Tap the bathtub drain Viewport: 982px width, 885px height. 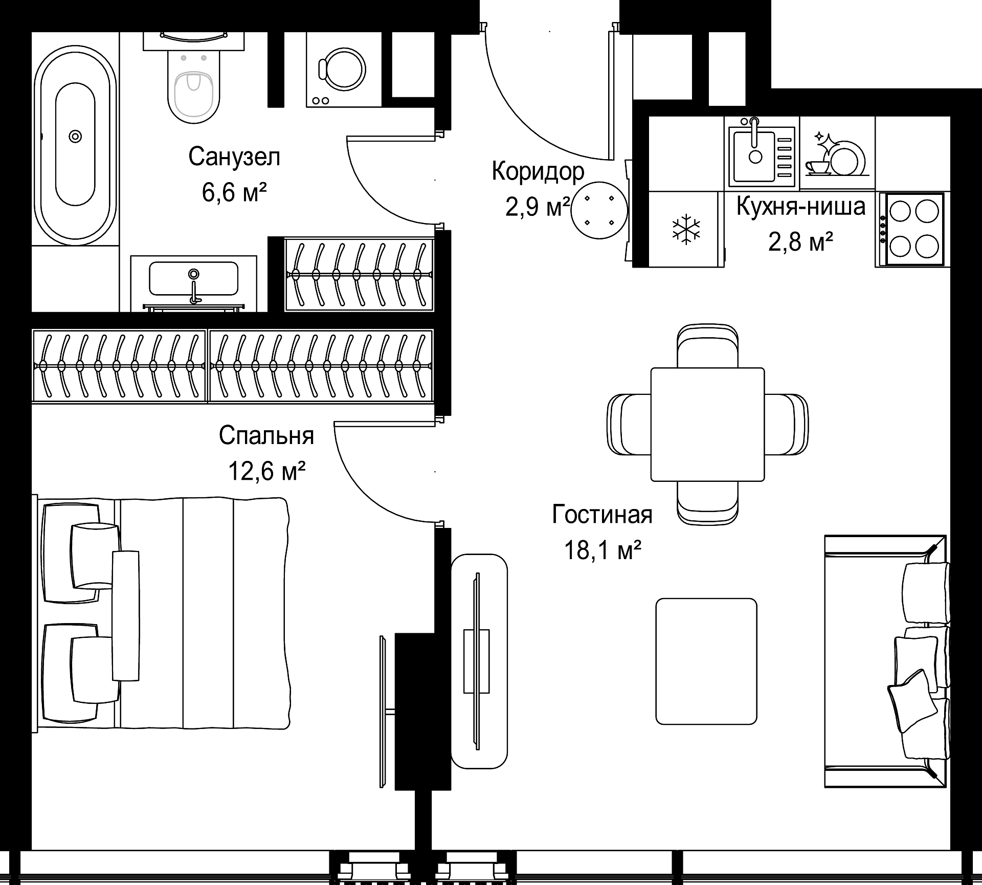[76, 136]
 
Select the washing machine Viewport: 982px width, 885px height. [344, 70]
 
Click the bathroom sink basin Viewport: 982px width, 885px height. [193, 279]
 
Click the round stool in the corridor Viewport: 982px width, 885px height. [599, 210]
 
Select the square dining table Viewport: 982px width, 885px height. [707, 425]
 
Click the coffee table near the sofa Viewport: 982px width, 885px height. [706, 661]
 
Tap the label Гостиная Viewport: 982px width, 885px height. [602, 515]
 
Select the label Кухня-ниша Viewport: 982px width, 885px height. [801, 206]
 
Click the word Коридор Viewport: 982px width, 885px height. [538, 172]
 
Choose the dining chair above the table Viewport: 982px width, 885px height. [707, 346]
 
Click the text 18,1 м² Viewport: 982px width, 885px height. [602, 550]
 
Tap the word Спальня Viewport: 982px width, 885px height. [266, 435]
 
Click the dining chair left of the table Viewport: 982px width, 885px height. [630, 424]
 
